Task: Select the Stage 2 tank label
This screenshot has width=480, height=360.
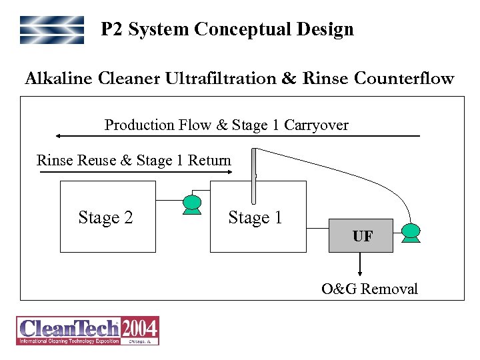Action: [x=105, y=217]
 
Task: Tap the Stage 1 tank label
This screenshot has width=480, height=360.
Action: [x=255, y=217]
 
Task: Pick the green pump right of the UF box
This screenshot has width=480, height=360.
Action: [x=411, y=231]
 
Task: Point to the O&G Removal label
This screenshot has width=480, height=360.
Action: [x=369, y=289]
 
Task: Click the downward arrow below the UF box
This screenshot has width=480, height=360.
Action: [x=361, y=264]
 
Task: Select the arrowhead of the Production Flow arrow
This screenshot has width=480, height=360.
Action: [x=59, y=136]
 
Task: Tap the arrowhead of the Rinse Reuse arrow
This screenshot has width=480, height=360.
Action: [x=229, y=172]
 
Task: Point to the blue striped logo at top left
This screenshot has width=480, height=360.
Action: [x=52, y=30]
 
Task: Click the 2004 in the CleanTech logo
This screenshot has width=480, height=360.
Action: [x=139, y=327]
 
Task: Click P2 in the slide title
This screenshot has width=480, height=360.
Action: [x=112, y=29]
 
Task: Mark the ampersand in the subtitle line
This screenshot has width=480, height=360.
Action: [x=289, y=79]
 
